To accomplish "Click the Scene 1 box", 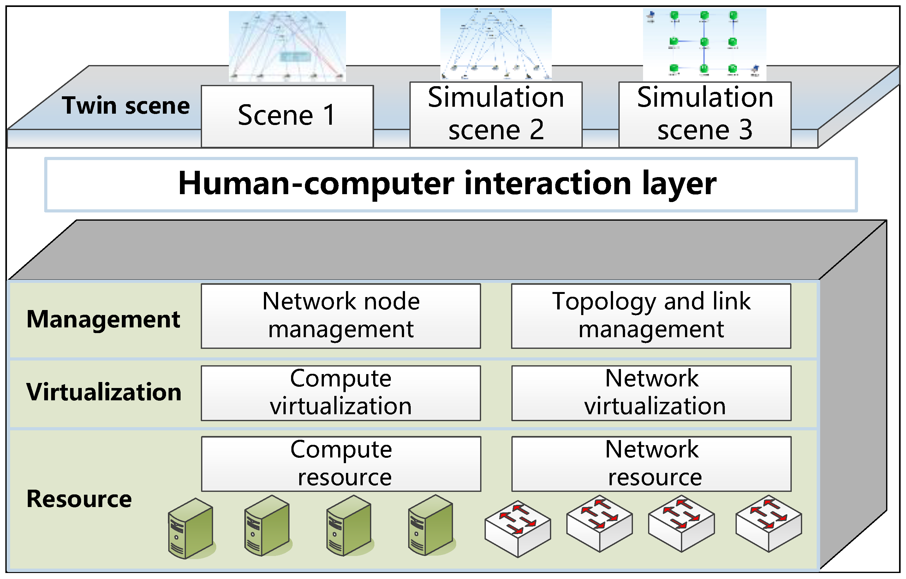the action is (287, 116).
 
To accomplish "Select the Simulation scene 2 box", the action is (496, 114).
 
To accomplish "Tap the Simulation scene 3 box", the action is (705, 114).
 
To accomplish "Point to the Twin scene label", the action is (126, 105).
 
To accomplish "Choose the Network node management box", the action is (341, 316).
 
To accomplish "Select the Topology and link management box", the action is (651, 316).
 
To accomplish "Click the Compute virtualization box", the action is (341, 393).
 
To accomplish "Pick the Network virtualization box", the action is (651, 393).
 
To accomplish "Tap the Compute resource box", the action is (341, 464).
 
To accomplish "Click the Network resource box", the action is (651, 464).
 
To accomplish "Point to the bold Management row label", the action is (104, 320).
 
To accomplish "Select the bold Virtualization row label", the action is (104, 392).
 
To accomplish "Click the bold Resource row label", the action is (79, 499).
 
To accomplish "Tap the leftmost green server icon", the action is (191, 528).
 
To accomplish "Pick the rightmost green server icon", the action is (431, 525).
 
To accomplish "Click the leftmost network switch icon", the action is (518, 528).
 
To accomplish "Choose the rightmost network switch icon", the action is (769, 524).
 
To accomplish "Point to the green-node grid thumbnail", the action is (705, 45).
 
